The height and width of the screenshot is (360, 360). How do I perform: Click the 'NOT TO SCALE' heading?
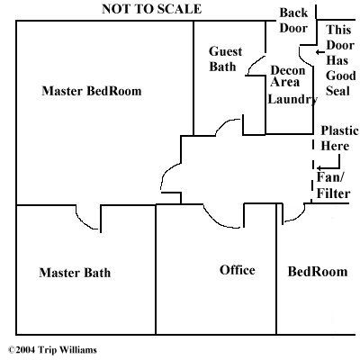coord(151,9)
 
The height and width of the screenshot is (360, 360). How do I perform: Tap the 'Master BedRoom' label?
coord(92,91)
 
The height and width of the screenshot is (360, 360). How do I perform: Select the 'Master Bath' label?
coord(75,273)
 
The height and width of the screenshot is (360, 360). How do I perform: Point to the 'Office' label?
coord(238,270)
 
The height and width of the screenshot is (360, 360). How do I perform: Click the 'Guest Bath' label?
coord(225,58)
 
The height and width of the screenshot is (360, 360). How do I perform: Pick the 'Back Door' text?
coord(293,21)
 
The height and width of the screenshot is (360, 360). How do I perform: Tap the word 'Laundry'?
coord(292,99)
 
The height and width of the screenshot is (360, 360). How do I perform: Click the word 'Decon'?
coord(288,70)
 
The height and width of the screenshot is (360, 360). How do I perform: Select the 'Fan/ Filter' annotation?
coord(333,185)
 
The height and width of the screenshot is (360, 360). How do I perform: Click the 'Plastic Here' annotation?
coord(339,139)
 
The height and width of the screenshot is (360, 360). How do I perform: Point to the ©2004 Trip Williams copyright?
coord(52,350)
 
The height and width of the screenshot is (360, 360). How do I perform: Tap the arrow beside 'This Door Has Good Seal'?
coord(320,52)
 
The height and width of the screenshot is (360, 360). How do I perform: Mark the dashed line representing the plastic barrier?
coord(313,169)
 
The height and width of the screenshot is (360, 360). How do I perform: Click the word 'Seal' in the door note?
coord(338,91)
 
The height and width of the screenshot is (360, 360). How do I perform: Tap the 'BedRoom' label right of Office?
coord(318,272)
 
